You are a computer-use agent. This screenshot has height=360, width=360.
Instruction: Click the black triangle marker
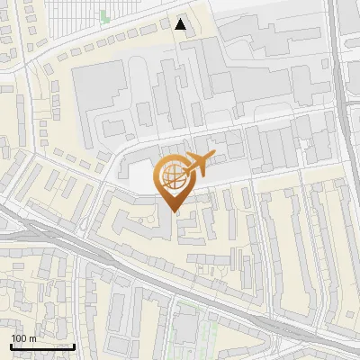pyautogui.click(x=182, y=24)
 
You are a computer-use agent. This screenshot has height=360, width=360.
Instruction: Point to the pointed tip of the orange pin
pyautogui.click(x=173, y=212)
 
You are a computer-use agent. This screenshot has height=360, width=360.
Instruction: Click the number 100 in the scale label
pyautogui.click(x=20, y=338)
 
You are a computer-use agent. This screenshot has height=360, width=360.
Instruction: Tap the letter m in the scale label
pyautogui.click(x=32, y=338)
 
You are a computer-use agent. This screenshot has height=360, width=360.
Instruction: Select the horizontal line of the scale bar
pyautogui.click(x=41, y=346)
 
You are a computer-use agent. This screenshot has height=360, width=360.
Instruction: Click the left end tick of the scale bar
pyautogui.click(x=11, y=345)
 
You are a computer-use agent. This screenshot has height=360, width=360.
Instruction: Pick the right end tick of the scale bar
pyautogui.click(x=73, y=345)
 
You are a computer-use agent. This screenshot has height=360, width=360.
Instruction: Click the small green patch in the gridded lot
pyautogui.click(x=103, y=15)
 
